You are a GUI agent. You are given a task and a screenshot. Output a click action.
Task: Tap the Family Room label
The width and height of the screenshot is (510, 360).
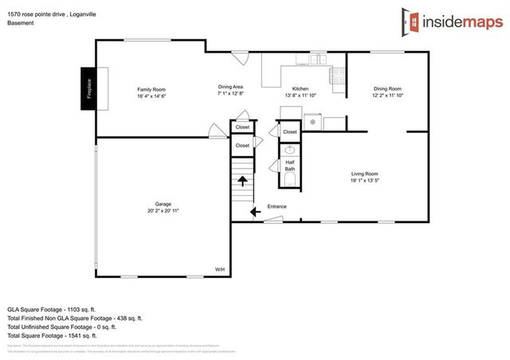[151, 88]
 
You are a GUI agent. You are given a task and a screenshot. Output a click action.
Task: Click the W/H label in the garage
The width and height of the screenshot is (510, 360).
[220, 270]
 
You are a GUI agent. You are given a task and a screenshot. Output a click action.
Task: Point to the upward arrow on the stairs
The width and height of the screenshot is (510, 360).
[242, 181]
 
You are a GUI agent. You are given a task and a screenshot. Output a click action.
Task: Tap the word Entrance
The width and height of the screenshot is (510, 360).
[277, 207]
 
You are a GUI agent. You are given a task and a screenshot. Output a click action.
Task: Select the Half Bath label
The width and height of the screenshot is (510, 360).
[290, 165]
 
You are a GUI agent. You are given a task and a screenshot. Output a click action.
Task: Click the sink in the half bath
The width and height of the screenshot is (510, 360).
[290, 149]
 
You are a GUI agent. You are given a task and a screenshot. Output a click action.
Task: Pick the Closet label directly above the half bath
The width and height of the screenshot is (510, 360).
[289, 132]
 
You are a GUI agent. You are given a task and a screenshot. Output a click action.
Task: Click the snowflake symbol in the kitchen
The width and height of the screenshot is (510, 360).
[313, 122]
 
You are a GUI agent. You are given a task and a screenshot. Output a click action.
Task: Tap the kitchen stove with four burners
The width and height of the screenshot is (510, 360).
[337, 75]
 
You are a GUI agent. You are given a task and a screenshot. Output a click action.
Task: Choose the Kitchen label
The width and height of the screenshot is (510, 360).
[300, 88]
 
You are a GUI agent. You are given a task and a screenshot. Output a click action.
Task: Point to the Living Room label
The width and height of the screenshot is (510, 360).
[364, 173]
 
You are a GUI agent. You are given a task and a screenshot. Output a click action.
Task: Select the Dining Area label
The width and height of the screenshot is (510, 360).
[231, 86]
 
